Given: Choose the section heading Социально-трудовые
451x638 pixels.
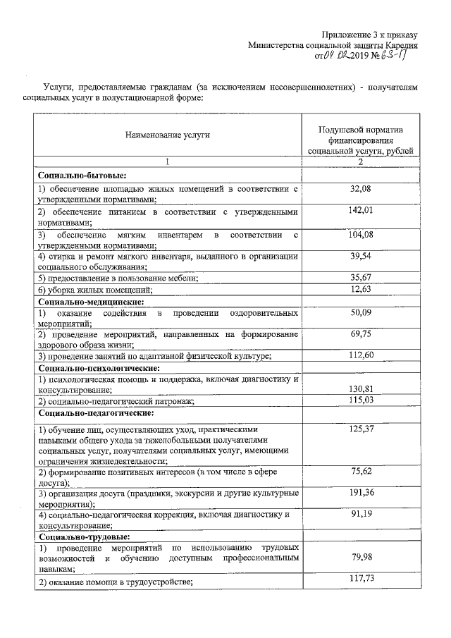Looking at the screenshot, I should coord(82,536).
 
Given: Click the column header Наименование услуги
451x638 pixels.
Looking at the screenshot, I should coord(168,134).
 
